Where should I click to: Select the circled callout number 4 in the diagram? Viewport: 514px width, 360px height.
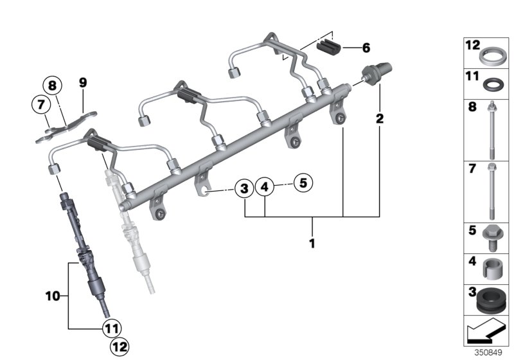tap(264, 188)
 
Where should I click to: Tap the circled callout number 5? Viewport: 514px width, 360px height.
tap(303, 183)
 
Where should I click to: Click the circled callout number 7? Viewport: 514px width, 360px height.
tap(39, 103)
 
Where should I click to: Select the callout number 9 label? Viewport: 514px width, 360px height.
tap(82, 82)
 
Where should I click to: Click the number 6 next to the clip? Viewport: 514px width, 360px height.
tap(366, 48)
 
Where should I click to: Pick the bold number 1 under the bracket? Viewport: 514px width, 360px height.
tap(312, 245)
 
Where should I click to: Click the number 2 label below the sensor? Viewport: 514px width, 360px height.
tap(380, 118)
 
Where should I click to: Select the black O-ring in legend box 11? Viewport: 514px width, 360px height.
tap(492, 84)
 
